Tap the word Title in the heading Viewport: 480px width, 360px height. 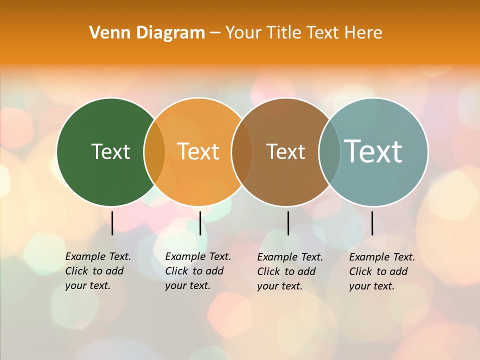click(284, 33)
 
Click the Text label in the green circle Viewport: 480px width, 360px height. click(110, 151)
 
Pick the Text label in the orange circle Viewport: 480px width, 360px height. click(198, 151)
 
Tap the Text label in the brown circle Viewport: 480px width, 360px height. click(285, 152)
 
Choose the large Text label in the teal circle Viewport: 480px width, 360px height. click(373, 151)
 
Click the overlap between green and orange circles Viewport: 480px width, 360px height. click(154, 152)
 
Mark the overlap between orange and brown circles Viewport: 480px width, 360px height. click(242, 152)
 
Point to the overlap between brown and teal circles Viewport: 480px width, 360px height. click(329, 152)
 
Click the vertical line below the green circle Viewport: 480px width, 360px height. click(112, 223)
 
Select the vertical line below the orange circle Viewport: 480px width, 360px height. click(200, 223)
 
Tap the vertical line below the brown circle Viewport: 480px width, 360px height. click(288, 223)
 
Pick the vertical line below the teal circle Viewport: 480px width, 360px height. click(372, 223)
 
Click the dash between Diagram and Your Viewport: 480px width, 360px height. click(215, 33)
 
